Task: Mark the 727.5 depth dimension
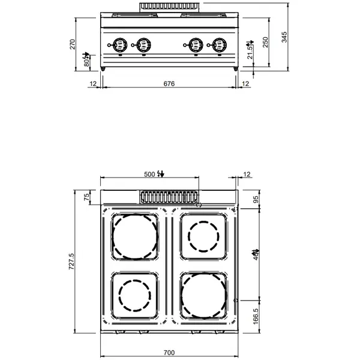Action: coord(72,262)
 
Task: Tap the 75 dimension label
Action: coord(86,197)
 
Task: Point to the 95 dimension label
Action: coord(256,199)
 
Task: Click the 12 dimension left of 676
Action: coord(93,85)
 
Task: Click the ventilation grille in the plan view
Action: coord(169,196)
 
